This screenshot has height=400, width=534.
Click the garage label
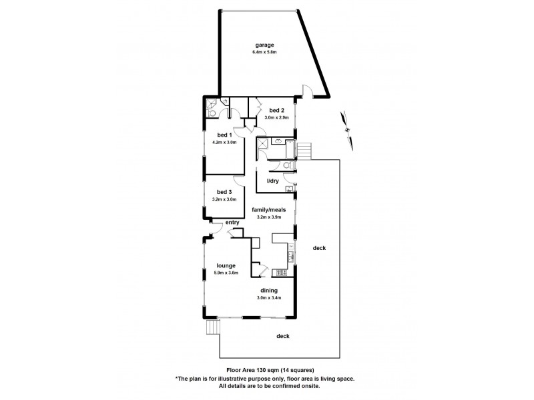[263, 45]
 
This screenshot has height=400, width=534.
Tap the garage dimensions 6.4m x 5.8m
[263, 52]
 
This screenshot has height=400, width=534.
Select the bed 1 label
[223, 135]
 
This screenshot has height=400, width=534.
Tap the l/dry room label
[272, 181]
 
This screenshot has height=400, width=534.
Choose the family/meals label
[269, 209]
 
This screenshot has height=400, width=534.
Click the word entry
[232, 223]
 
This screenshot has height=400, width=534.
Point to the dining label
[269, 290]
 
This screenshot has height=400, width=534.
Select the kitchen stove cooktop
[290, 253]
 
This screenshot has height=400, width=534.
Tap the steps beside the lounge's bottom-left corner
[213, 328]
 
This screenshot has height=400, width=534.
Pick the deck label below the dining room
[283, 336]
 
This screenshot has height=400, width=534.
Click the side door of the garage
[306, 91]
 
